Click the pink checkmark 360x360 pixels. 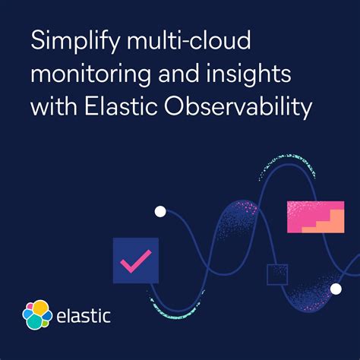click(x=135, y=261)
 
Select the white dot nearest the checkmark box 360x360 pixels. click(x=159, y=212)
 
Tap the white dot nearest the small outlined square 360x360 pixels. click(x=335, y=288)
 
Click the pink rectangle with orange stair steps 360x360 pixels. click(x=310, y=216)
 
